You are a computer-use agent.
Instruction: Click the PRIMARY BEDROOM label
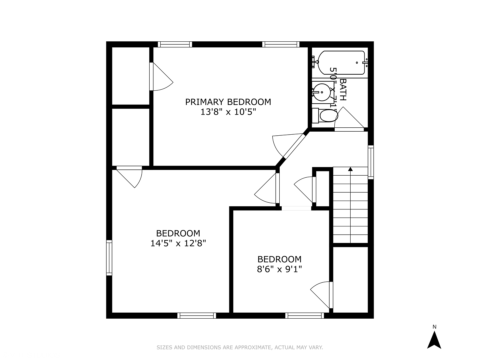click(x=228, y=102)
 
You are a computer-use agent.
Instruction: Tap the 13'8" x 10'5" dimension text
click(x=228, y=112)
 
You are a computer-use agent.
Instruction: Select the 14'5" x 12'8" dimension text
click(x=178, y=243)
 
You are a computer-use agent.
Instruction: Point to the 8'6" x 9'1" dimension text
click(x=279, y=269)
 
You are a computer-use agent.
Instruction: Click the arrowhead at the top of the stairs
click(x=350, y=169)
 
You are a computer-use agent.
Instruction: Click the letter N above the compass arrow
click(x=434, y=327)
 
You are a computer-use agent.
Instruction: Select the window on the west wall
click(x=109, y=258)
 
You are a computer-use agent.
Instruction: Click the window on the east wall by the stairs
click(x=371, y=162)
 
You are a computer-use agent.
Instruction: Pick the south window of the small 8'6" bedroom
click(x=305, y=315)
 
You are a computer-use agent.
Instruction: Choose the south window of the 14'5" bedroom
click(x=197, y=315)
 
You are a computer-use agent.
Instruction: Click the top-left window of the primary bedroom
click(x=175, y=44)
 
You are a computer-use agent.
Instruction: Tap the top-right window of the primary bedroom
click(x=281, y=44)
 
